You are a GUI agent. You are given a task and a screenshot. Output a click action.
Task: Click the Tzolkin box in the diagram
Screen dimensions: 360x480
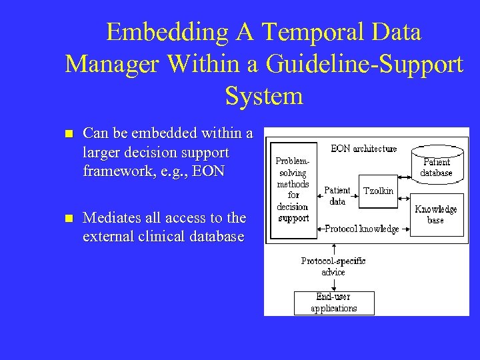coord(377,191)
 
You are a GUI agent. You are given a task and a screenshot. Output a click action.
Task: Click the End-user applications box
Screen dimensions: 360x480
coord(334,303)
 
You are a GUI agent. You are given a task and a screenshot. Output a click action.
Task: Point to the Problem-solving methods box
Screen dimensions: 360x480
coord(293,189)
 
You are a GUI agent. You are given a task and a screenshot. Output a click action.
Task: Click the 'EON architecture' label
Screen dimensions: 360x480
coord(363,149)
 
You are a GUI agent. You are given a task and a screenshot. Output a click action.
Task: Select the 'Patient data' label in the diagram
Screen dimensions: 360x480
coord(337,195)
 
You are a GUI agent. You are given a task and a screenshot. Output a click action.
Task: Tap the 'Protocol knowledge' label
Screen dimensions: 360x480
coord(362,229)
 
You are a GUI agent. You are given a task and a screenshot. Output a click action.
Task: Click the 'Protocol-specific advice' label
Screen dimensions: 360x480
coord(333,266)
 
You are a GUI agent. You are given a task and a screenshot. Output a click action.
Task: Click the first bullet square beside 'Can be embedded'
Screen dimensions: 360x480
coord(68,134)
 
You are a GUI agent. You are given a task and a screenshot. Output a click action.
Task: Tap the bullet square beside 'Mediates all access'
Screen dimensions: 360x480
coord(68,218)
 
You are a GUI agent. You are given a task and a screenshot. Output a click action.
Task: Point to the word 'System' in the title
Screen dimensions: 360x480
coord(264,95)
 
